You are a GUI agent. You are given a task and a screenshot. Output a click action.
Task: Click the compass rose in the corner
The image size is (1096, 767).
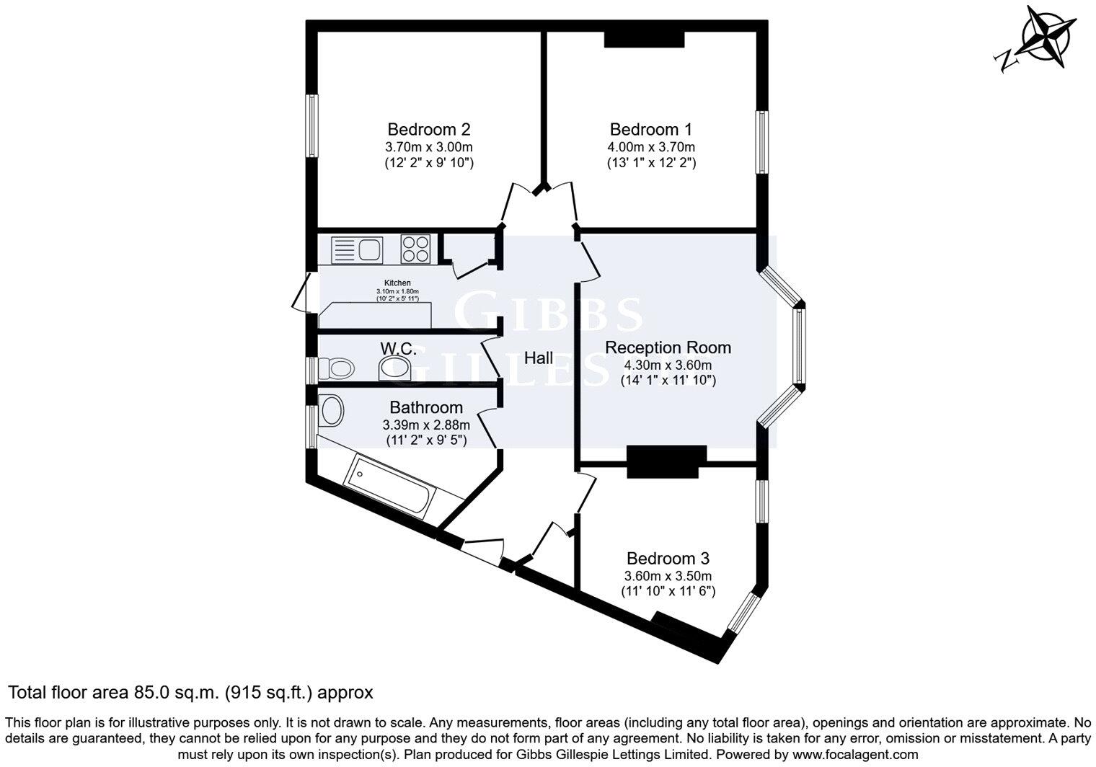pos(1045,40)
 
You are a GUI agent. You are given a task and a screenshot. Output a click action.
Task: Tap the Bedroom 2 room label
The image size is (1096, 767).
pos(429,130)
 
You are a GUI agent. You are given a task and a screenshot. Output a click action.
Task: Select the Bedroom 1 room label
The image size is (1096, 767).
pos(650,130)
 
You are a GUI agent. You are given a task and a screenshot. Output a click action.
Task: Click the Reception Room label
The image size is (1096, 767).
pos(668,347)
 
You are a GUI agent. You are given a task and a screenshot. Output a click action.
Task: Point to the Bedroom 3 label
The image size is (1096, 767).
pos(668,559)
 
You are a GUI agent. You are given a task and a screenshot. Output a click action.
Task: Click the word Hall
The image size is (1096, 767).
pos(539,358)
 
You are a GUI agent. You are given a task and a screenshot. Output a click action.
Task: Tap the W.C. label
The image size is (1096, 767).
pos(398,349)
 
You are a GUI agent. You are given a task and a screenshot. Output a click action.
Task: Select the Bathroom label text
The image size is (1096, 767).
pos(426,407)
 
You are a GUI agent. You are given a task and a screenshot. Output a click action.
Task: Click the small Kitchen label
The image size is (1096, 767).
pos(397,283)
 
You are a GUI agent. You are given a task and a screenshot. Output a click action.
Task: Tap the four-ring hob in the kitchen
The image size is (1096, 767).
pos(415,249)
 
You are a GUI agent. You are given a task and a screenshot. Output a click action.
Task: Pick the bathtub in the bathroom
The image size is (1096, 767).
pos(389,489)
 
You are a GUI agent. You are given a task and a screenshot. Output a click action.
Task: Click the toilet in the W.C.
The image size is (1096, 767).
pos(336,369)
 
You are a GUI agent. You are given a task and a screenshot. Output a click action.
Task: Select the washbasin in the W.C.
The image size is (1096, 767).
pos(394,368)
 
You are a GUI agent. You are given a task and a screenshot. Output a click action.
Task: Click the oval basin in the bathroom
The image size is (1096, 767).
pos(332,411)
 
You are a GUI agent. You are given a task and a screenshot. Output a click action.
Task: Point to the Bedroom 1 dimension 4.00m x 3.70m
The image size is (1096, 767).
pos(650,147)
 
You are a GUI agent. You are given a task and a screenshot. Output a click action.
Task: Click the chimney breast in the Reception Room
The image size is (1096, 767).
pos(666,461)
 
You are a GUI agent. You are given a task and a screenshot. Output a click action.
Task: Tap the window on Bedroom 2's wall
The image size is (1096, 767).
pos(312,125)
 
